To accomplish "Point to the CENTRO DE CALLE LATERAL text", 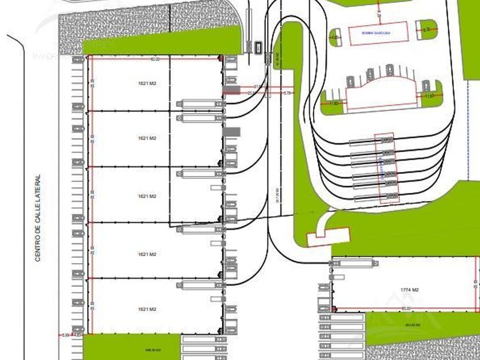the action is pos(38,218).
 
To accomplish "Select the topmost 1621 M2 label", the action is pos(147,84).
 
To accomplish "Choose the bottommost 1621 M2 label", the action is pos(147,309).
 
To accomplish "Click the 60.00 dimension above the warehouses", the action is pos(155,59).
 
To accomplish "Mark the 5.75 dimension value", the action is pos(287,93).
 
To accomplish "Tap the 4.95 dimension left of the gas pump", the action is pos(335,37).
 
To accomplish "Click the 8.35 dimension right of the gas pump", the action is pos(427,29).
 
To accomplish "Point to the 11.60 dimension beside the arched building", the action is pos(334,103).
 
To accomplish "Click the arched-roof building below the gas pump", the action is pos(380,92).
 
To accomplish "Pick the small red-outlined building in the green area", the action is pos(327,237).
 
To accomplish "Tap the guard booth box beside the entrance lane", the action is pos(259,46).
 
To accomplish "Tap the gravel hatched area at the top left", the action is pos(114,23).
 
